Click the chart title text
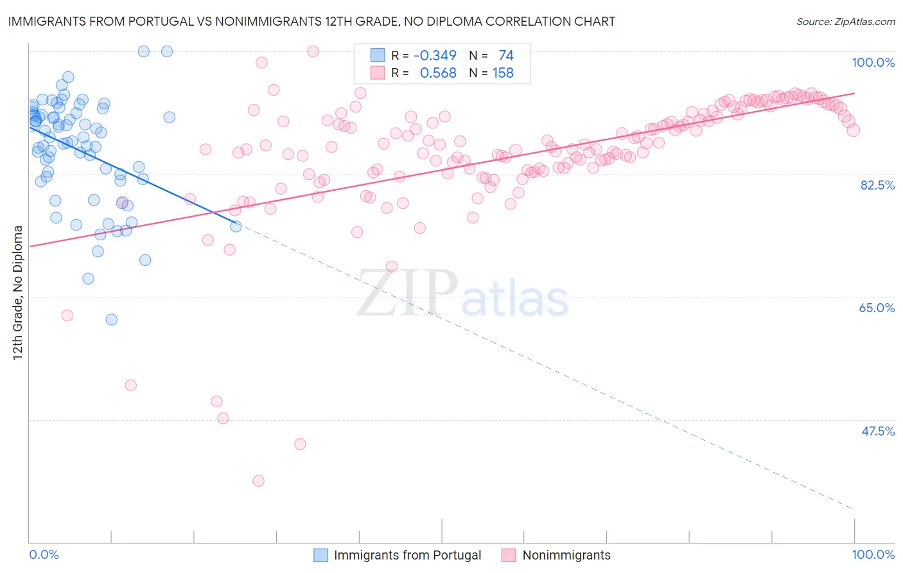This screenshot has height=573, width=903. pyautogui.click(x=311, y=22)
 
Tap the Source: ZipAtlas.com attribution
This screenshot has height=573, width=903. pyautogui.click(x=845, y=22)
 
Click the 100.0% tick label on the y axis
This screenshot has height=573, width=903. pyautogui.click(x=873, y=62)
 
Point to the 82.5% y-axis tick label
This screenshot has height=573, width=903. pyautogui.click(x=877, y=185)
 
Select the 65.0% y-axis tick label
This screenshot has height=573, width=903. pyautogui.click(x=877, y=308)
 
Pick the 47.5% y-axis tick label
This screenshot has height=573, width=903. pyautogui.click(x=877, y=431)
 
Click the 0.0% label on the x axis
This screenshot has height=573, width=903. pyautogui.click(x=44, y=554)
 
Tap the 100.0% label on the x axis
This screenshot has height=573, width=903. pyautogui.click(x=873, y=554)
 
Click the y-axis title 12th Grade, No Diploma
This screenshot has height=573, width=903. pyautogui.click(x=18, y=292)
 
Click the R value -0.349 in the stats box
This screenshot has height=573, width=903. pyautogui.click(x=435, y=56)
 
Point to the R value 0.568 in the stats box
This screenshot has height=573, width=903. pyautogui.click(x=438, y=73)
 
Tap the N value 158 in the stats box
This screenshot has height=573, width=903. pyautogui.click(x=503, y=73)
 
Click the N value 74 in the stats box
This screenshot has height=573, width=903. pyautogui.click(x=506, y=56)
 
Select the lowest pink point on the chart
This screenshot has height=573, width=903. pyautogui.click(x=258, y=481)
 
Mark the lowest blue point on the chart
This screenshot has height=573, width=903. pyautogui.click(x=111, y=319)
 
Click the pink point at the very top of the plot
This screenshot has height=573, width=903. pyautogui.click(x=313, y=51)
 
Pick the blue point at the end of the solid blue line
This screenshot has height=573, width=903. pyautogui.click(x=236, y=226)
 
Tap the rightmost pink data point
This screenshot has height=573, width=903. pyautogui.click(x=854, y=130)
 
